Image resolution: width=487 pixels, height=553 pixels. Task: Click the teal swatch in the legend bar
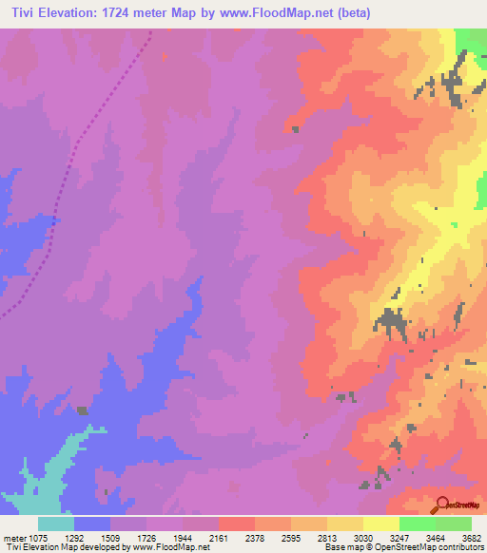[56, 524]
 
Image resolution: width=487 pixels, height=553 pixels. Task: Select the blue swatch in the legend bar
[92, 524]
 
